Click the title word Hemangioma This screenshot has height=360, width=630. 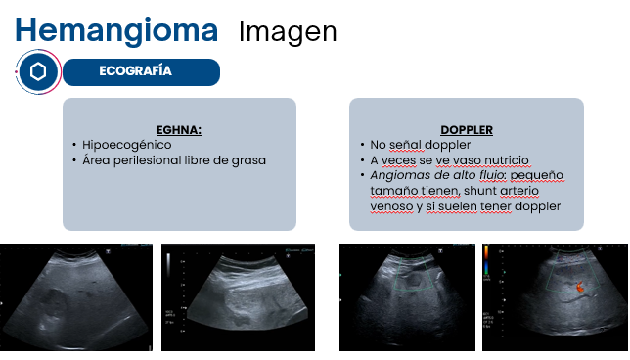(x=116, y=30)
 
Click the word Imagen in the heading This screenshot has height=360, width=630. (x=288, y=31)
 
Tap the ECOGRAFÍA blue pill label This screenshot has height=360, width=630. (x=136, y=71)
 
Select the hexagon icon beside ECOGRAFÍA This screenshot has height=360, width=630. (x=38, y=72)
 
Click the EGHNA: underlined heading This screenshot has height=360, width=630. (x=179, y=129)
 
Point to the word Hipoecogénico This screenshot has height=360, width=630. (x=127, y=145)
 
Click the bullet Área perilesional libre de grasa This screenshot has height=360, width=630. (x=174, y=159)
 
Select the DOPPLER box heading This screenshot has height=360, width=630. (x=467, y=129)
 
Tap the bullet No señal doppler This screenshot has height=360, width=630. (x=411, y=145)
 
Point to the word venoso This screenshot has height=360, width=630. (x=390, y=206)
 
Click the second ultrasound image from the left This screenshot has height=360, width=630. (x=238, y=297)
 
